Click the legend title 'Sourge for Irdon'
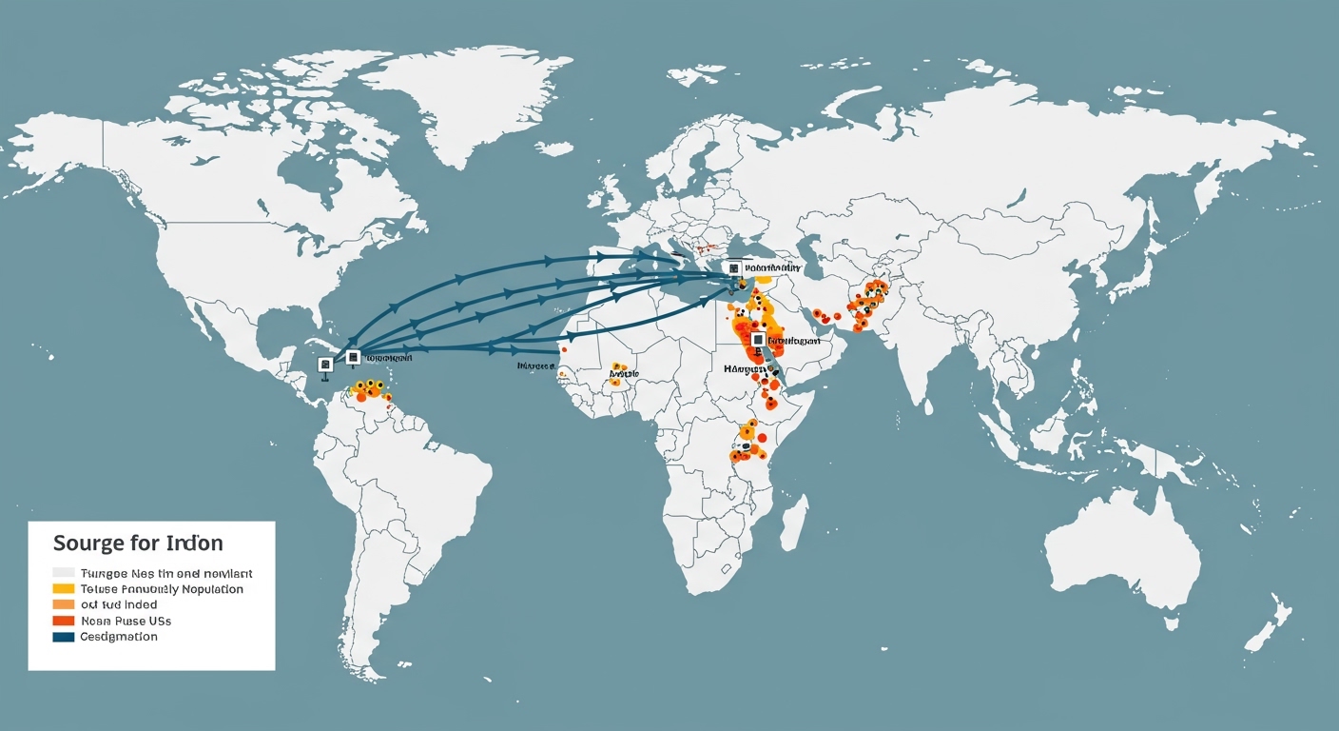[138, 543]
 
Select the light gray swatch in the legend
[64, 573]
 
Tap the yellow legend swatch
[64, 589]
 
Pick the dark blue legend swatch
[64, 637]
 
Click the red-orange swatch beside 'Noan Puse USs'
[64, 621]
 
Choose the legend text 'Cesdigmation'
[119, 637]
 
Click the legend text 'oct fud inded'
[119, 604]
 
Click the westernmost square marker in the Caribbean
[325, 364]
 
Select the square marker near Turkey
[734, 268]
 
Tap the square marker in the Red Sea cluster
[757, 339]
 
